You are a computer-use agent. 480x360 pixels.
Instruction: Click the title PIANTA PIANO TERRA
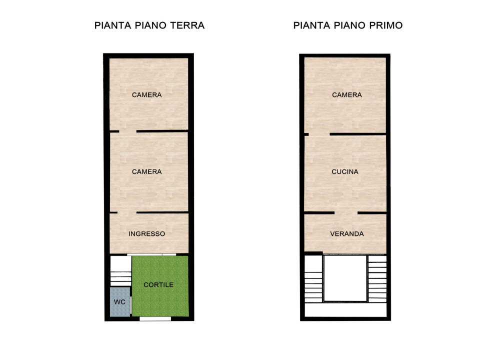click(x=149, y=25)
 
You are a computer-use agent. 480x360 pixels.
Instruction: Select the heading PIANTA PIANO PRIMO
click(x=348, y=25)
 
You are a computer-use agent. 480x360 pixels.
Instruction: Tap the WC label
click(x=119, y=302)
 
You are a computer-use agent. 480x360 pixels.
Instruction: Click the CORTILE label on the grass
click(x=158, y=285)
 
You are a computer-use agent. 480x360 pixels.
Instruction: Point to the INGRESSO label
click(x=146, y=233)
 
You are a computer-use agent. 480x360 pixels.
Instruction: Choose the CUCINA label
click(x=345, y=171)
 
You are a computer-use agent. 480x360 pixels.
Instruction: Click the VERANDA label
click(x=346, y=233)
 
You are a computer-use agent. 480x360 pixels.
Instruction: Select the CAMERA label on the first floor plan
click(x=346, y=94)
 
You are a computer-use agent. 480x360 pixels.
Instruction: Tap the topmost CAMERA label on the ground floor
click(x=146, y=94)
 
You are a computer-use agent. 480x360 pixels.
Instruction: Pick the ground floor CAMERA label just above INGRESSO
click(x=146, y=171)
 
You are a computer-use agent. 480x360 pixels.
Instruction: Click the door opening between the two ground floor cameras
click(x=127, y=131)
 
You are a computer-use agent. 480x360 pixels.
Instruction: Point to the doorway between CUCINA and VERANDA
click(x=345, y=213)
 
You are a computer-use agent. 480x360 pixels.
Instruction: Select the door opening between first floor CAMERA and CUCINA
click(x=319, y=134)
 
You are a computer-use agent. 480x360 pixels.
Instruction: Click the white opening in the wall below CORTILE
click(x=154, y=318)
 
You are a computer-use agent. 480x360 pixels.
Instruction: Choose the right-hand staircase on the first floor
click(x=377, y=279)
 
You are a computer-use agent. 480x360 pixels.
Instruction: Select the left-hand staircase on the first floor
click(x=313, y=280)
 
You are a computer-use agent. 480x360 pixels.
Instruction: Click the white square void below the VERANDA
click(x=345, y=278)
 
